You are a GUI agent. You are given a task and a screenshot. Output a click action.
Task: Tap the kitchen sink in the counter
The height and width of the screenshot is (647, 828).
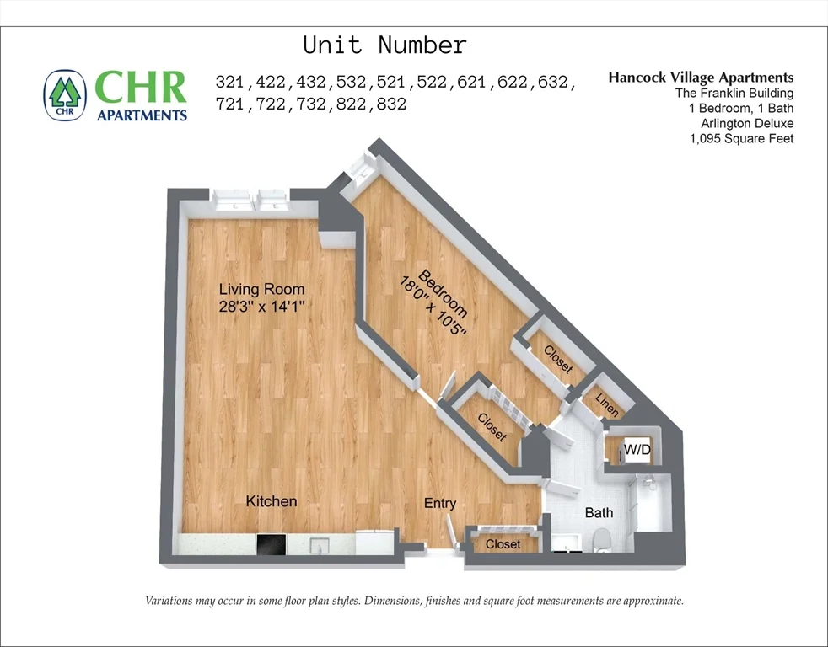coord(320,546)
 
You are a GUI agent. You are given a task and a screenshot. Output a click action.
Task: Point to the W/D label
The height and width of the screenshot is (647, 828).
coord(637,451)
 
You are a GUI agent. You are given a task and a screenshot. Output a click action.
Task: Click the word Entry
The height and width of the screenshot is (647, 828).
coord(439,503)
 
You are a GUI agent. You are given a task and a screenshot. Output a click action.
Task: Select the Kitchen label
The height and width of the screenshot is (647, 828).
coord(271,501)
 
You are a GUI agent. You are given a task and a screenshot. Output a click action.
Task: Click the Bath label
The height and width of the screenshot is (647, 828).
coord(599,512)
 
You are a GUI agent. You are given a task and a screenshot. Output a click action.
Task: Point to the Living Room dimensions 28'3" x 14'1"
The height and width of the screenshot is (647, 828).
coord(261,307)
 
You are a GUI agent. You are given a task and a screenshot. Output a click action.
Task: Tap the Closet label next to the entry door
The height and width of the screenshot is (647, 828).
coord(503,544)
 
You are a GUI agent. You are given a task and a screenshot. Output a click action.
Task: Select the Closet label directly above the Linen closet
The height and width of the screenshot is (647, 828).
coord(557,360)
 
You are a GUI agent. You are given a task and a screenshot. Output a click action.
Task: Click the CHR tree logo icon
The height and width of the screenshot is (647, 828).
coord(65,95)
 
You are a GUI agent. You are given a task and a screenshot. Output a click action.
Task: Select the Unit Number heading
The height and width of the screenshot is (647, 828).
coord(384,45)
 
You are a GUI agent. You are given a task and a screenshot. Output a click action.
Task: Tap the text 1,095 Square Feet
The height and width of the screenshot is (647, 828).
coord(741,138)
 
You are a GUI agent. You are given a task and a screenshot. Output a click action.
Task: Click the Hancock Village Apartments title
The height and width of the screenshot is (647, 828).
coord(700,78)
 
